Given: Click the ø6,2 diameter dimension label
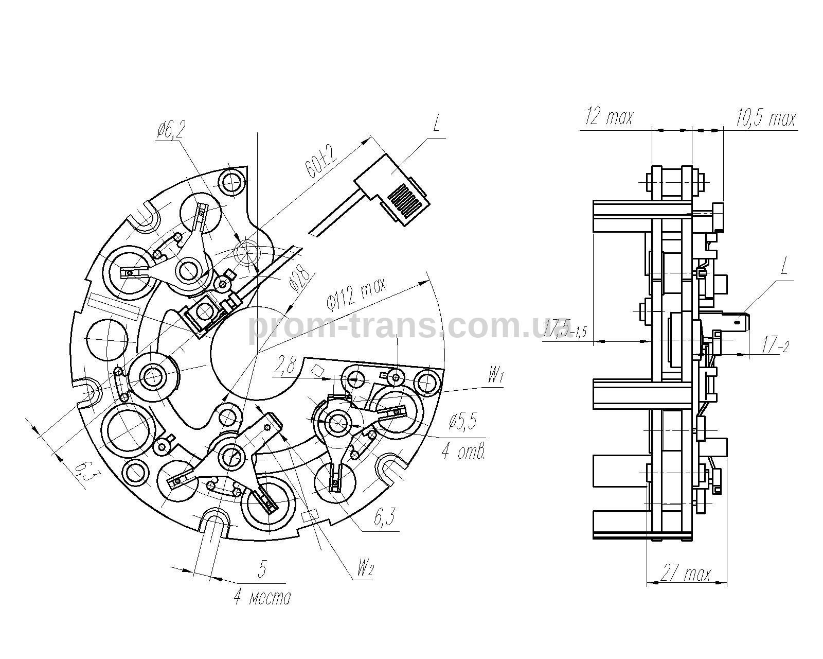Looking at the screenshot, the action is (x=170, y=131).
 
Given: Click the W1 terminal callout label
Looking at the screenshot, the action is (x=495, y=378).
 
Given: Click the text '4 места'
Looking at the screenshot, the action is (x=262, y=598).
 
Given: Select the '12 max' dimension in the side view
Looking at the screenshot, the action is (x=609, y=117).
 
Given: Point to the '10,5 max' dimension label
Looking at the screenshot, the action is (x=765, y=118).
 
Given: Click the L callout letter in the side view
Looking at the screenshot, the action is (x=783, y=267).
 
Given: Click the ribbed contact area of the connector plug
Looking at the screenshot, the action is (x=406, y=203).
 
